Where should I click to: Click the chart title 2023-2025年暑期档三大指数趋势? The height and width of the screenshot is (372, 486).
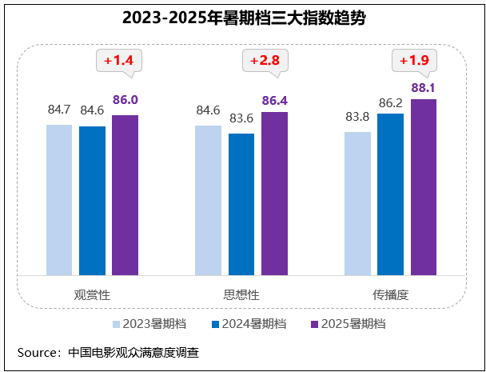(244, 18)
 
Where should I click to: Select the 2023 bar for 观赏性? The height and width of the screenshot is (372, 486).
(59, 200)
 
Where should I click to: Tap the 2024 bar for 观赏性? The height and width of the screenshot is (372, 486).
(92, 201)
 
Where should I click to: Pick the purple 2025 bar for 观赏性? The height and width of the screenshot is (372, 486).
(125, 195)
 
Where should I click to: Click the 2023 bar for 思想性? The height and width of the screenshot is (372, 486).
(208, 201)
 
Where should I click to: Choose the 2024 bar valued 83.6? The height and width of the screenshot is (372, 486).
(241, 204)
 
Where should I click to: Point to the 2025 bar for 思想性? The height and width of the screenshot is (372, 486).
(274, 194)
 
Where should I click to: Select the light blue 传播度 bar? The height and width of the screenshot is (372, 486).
(357, 203)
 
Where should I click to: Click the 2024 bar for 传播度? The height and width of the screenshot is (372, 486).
(390, 194)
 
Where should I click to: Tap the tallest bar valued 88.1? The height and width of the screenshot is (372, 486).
(424, 187)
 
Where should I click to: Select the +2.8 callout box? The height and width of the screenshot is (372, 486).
(264, 60)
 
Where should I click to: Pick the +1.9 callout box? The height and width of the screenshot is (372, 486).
(414, 60)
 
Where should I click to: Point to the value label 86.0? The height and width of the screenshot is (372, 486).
(125, 101)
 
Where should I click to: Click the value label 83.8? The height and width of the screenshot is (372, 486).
(357, 117)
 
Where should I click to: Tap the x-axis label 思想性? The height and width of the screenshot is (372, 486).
(241, 294)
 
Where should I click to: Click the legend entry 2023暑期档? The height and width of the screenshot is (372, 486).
(154, 324)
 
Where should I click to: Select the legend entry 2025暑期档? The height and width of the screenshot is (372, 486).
(353, 324)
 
